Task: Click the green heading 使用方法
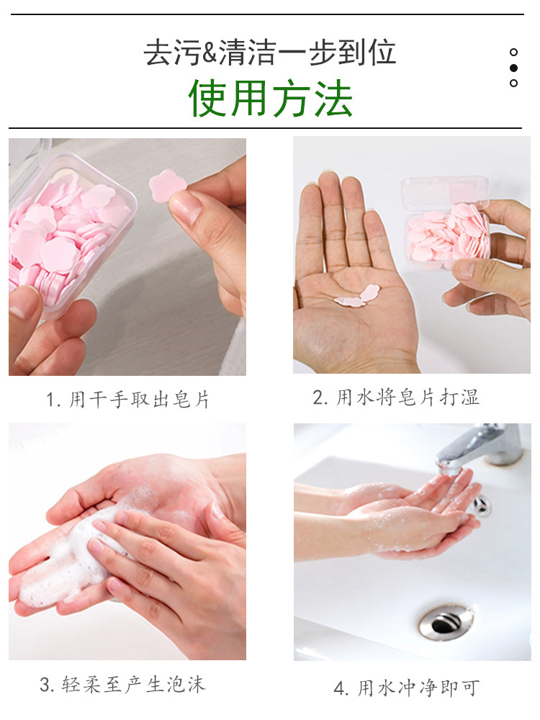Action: coord(270,99)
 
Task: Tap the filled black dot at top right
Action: coord(513,68)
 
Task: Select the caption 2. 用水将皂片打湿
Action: coord(396,397)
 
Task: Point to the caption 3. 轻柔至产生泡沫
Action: coord(122,684)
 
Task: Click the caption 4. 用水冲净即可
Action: coord(406,688)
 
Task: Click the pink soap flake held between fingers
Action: coord(167,186)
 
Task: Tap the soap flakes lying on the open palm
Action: coord(358,297)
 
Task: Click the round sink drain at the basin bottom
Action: coord(446,620)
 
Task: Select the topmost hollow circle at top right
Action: coord(513,52)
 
